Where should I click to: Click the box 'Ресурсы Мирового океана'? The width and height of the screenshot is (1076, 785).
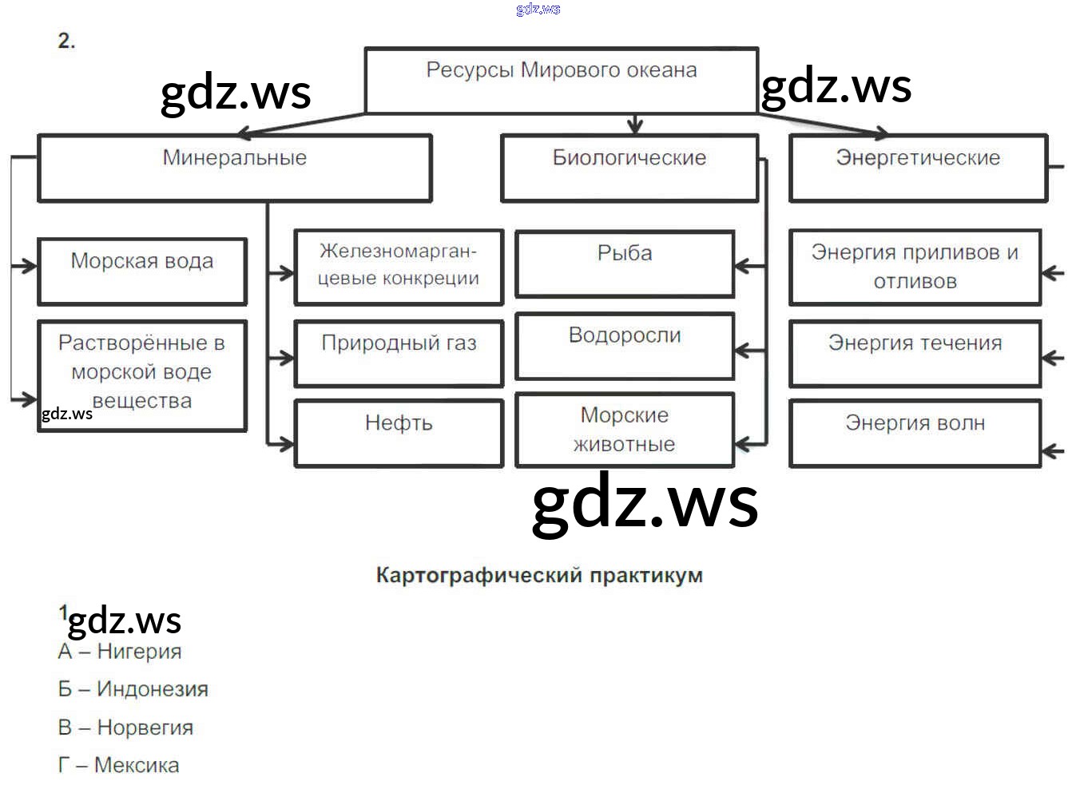pyautogui.click(x=561, y=80)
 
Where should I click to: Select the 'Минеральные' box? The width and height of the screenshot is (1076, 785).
pyautogui.click(x=235, y=168)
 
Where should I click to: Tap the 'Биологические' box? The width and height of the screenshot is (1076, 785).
pyautogui.click(x=629, y=168)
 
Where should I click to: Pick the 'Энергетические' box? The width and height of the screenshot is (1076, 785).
pyautogui.click(x=918, y=168)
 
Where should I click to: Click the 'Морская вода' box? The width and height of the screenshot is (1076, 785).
pyautogui.click(x=142, y=271)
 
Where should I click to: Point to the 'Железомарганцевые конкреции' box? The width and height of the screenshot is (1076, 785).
pyautogui.click(x=399, y=267)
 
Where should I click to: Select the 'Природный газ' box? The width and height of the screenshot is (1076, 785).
pyautogui.click(x=399, y=353)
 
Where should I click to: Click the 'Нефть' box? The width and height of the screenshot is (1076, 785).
pyautogui.click(x=399, y=433)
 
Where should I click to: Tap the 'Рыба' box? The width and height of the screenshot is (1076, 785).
pyautogui.click(x=625, y=264)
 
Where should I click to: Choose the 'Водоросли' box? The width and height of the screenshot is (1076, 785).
pyautogui.click(x=625, y=346)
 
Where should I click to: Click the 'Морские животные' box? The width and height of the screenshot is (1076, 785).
pyautogui.click(x=625, y=430)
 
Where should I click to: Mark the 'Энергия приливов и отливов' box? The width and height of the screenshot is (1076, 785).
pyautogui.click(x=915, y=267)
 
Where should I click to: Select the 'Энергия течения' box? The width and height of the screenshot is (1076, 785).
pyautogui.click(x=915, y=353)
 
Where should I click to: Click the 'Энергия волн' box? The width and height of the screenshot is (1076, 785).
pyautogui.click(x=915, y=433)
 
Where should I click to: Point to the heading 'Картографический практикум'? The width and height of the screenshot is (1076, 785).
pyautogui.click(x=539, y=576)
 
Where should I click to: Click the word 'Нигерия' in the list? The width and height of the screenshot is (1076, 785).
pyautogui.click(x=139, y=652)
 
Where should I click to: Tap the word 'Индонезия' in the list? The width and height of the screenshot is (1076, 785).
pyautogui.click(x=153, y=689)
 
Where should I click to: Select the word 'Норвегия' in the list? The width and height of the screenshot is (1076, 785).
pyautogui.click(x=145, y=728)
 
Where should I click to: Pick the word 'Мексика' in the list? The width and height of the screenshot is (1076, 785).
pyautogui.click(x=137, y=765)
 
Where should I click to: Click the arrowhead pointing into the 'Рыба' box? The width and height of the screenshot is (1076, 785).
pyautogui.click(x=740, y=266)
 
